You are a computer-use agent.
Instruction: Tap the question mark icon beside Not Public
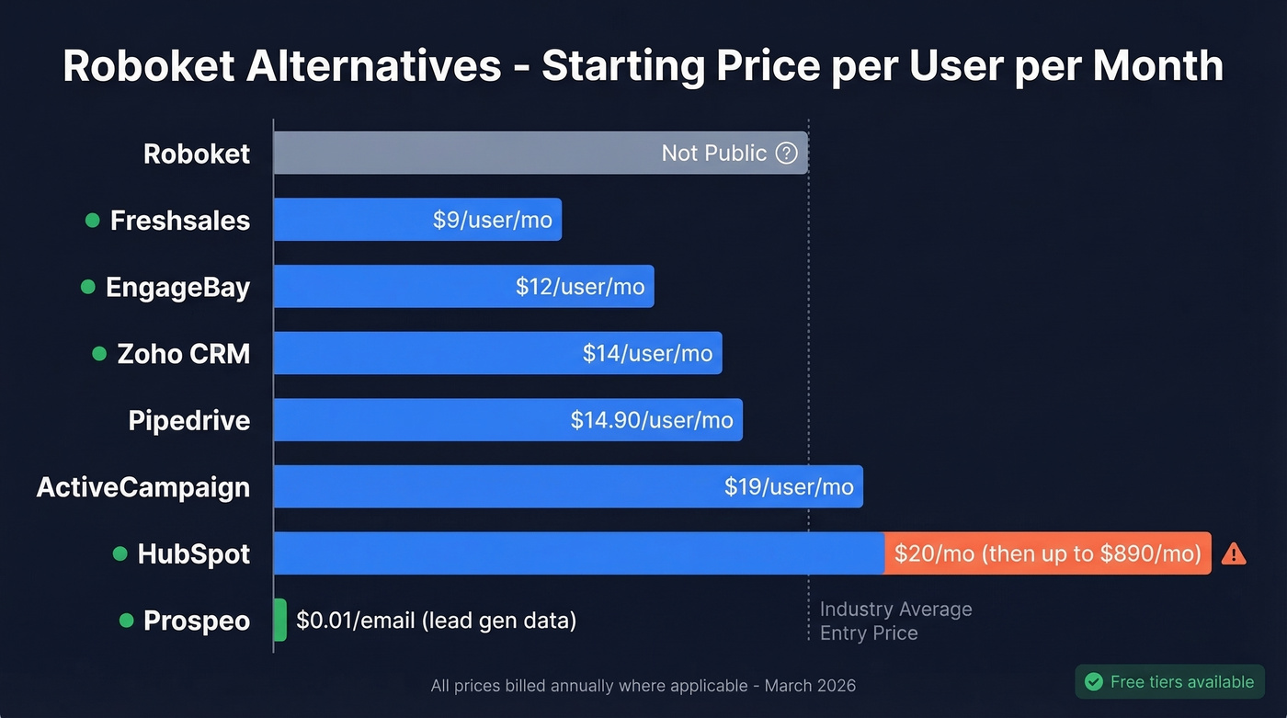786,153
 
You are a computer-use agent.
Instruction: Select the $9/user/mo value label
493,221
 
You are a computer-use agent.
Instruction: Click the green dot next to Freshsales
92,221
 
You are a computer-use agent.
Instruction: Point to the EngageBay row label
177,288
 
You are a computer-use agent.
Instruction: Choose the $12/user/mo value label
580,287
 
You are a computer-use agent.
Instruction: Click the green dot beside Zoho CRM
99,354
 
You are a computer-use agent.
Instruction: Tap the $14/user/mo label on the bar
647,354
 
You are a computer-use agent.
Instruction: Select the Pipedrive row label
189,421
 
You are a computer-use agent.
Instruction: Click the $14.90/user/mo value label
652,421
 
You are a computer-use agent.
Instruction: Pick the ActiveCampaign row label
143,487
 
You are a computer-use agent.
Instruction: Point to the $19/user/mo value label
789,487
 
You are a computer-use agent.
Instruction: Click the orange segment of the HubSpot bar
1047,553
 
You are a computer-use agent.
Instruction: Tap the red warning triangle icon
1234,553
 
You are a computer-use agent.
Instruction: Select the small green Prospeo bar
280,621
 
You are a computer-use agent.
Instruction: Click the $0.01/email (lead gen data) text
436,621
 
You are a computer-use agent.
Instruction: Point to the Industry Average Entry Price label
894,621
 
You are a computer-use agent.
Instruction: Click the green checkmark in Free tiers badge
1094,682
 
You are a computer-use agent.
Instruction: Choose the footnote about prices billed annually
643,686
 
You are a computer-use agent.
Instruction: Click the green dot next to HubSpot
120,553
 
